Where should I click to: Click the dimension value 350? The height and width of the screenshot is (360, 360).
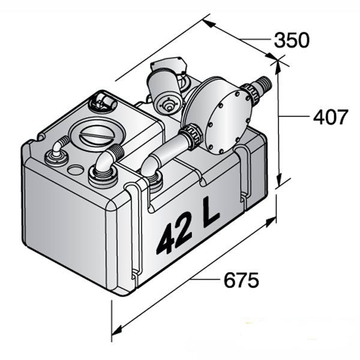291,40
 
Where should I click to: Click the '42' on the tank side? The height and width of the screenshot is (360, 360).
174,236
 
